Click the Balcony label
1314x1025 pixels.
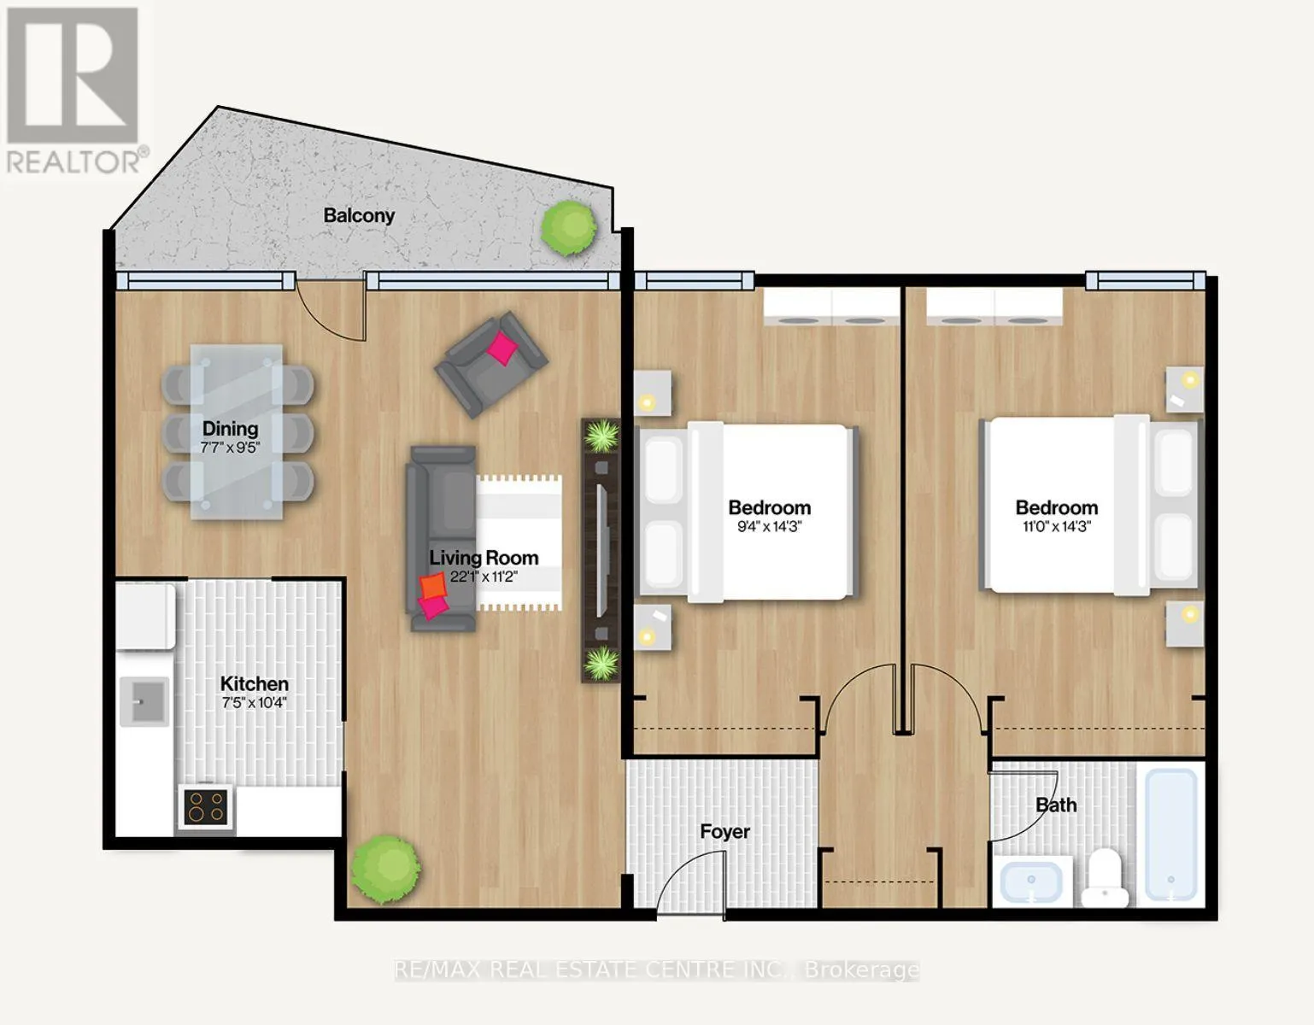(x=359, y=215)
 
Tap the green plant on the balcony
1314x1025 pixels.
(x=568, y=227)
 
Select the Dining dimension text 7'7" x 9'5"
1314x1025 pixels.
(x=230, y=448)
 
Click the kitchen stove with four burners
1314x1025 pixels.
(x=206, y=807)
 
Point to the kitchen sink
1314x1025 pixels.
(x=144, y=701)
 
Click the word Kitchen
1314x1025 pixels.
(x=254, y=683)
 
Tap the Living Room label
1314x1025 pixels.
(x=484, y=557)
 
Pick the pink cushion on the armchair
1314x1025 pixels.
(x=502, y=348)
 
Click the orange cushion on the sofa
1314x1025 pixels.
(x=433, y=586)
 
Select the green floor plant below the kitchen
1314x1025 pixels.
(x=386, y=869)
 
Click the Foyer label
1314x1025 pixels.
(x=725, y=832)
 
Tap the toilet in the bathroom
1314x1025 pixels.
(x=1104, y=878)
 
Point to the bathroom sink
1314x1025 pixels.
(x=1031, y=882)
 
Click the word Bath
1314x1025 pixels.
(x=1056, y=805)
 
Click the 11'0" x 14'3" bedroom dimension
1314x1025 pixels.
(x=1056, y=526)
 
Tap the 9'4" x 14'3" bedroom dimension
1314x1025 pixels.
(x=769, y=526)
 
